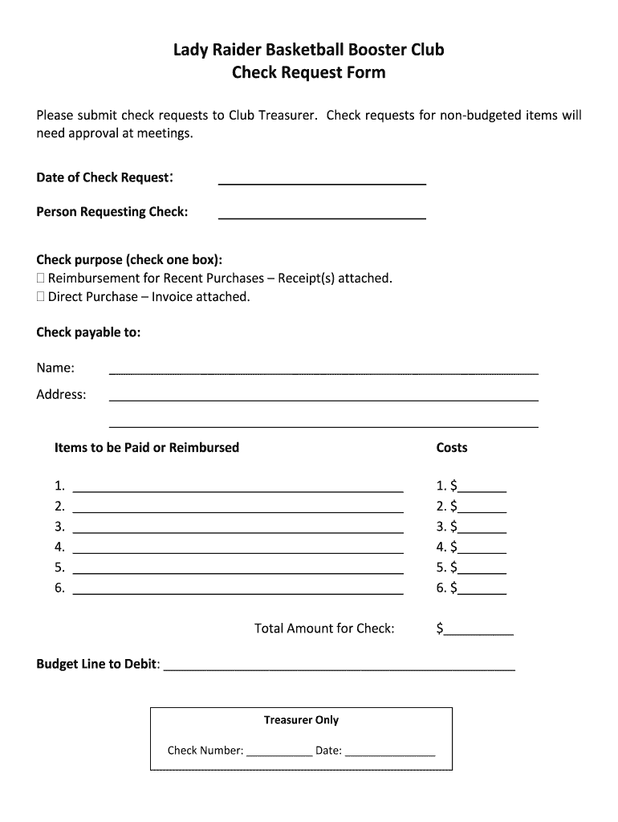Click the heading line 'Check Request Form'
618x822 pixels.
[x=309, y=73]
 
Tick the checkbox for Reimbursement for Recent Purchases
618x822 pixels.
[x=41, y=279]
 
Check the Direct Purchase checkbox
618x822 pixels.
[x=41, y=297]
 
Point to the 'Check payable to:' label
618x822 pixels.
[x=88, y=332]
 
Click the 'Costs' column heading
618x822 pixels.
[x=451, y=448]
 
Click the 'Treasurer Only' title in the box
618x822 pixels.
[x=301, y=720]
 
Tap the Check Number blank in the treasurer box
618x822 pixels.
[x=279, y=753]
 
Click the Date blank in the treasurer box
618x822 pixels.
[x=389, y=753]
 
